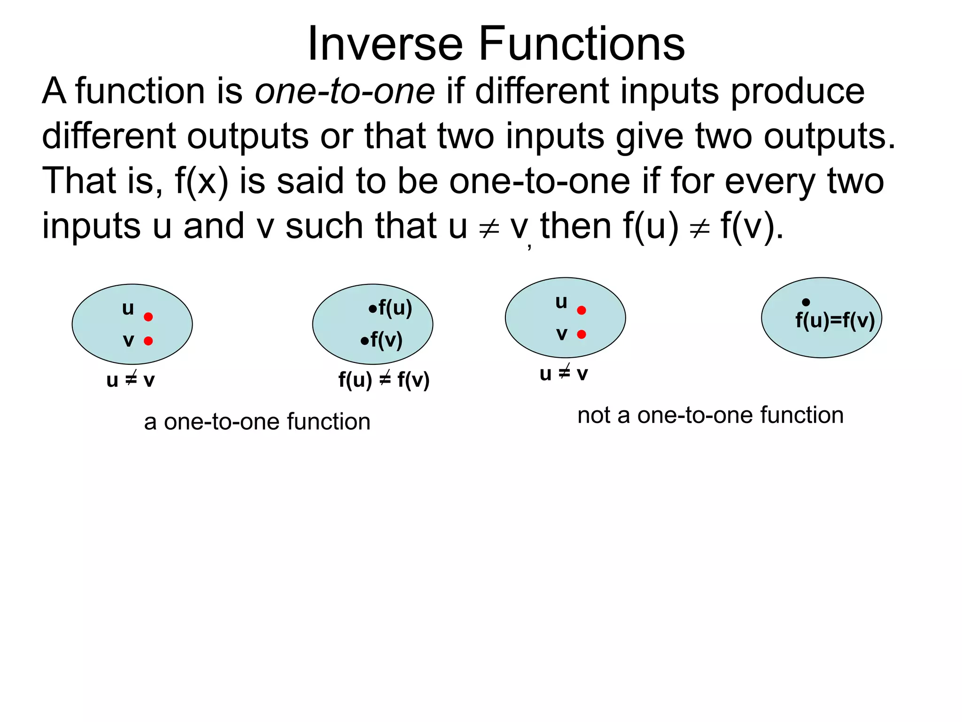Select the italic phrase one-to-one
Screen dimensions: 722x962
[345, 91]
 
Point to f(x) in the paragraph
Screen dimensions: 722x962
[202, 181]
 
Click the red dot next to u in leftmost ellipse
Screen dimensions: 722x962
[148, 317]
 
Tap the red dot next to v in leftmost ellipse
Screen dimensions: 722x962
[148, 341]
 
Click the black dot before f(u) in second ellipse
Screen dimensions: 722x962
[372, 309]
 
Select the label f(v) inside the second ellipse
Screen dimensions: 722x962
[386, 339]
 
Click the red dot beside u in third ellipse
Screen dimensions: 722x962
[582, 310]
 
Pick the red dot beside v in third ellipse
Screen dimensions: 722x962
[582, 334]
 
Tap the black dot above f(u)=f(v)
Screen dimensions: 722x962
[806, 302]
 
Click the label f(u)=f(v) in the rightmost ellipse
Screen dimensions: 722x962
[835, 321]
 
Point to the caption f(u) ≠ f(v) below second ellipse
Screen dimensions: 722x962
[384, 380]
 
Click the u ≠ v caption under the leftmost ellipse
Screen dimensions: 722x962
[131, 380]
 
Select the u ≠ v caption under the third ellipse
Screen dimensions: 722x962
[564, 374]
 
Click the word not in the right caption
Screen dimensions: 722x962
[594, 416]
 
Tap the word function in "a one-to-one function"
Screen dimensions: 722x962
[329, 422]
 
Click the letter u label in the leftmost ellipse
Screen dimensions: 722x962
[128, 309]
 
